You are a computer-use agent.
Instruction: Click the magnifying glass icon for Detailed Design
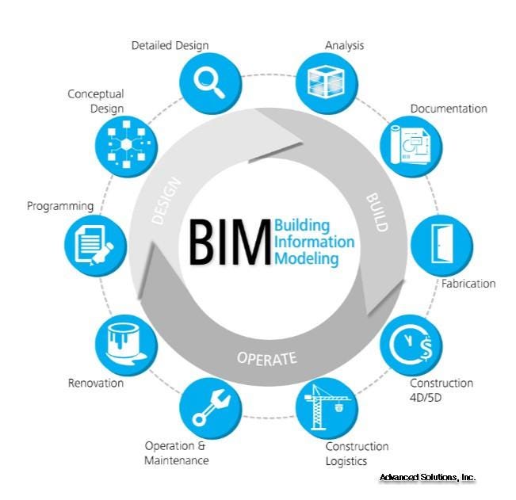click(x=208, y=83)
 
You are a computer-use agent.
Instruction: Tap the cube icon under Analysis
click(x=326, y=82)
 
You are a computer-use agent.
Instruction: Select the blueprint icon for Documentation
click(x=410, y=145)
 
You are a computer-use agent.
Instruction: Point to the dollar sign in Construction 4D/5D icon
click(x=426, y=349)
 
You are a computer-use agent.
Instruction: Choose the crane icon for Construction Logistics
click(x=327, y=407)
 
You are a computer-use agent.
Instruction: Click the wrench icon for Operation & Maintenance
click(x=211, y=408)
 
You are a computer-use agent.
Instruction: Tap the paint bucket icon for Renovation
click(x=126, y=344)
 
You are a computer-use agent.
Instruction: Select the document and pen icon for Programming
click(x=94, y=246)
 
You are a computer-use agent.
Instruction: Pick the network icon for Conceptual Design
click(x=126, y=145)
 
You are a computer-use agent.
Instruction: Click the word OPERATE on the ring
click(x=267, y=358)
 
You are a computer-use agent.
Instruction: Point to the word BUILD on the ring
click(x=377, y=212)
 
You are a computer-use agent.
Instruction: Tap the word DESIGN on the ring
click(x=166, y=200)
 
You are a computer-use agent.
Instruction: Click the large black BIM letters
click(x=230, y=242)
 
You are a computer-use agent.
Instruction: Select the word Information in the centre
click(x=314, y=242)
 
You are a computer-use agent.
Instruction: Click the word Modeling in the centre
click(x=307, y=258)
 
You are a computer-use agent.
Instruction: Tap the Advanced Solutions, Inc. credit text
click(x=427, y=477)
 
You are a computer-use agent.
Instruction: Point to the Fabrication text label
click(x=468, y=284)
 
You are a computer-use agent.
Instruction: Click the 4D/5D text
click(x=426, y=398)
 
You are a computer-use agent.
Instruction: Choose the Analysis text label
click(x=344, y=45)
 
